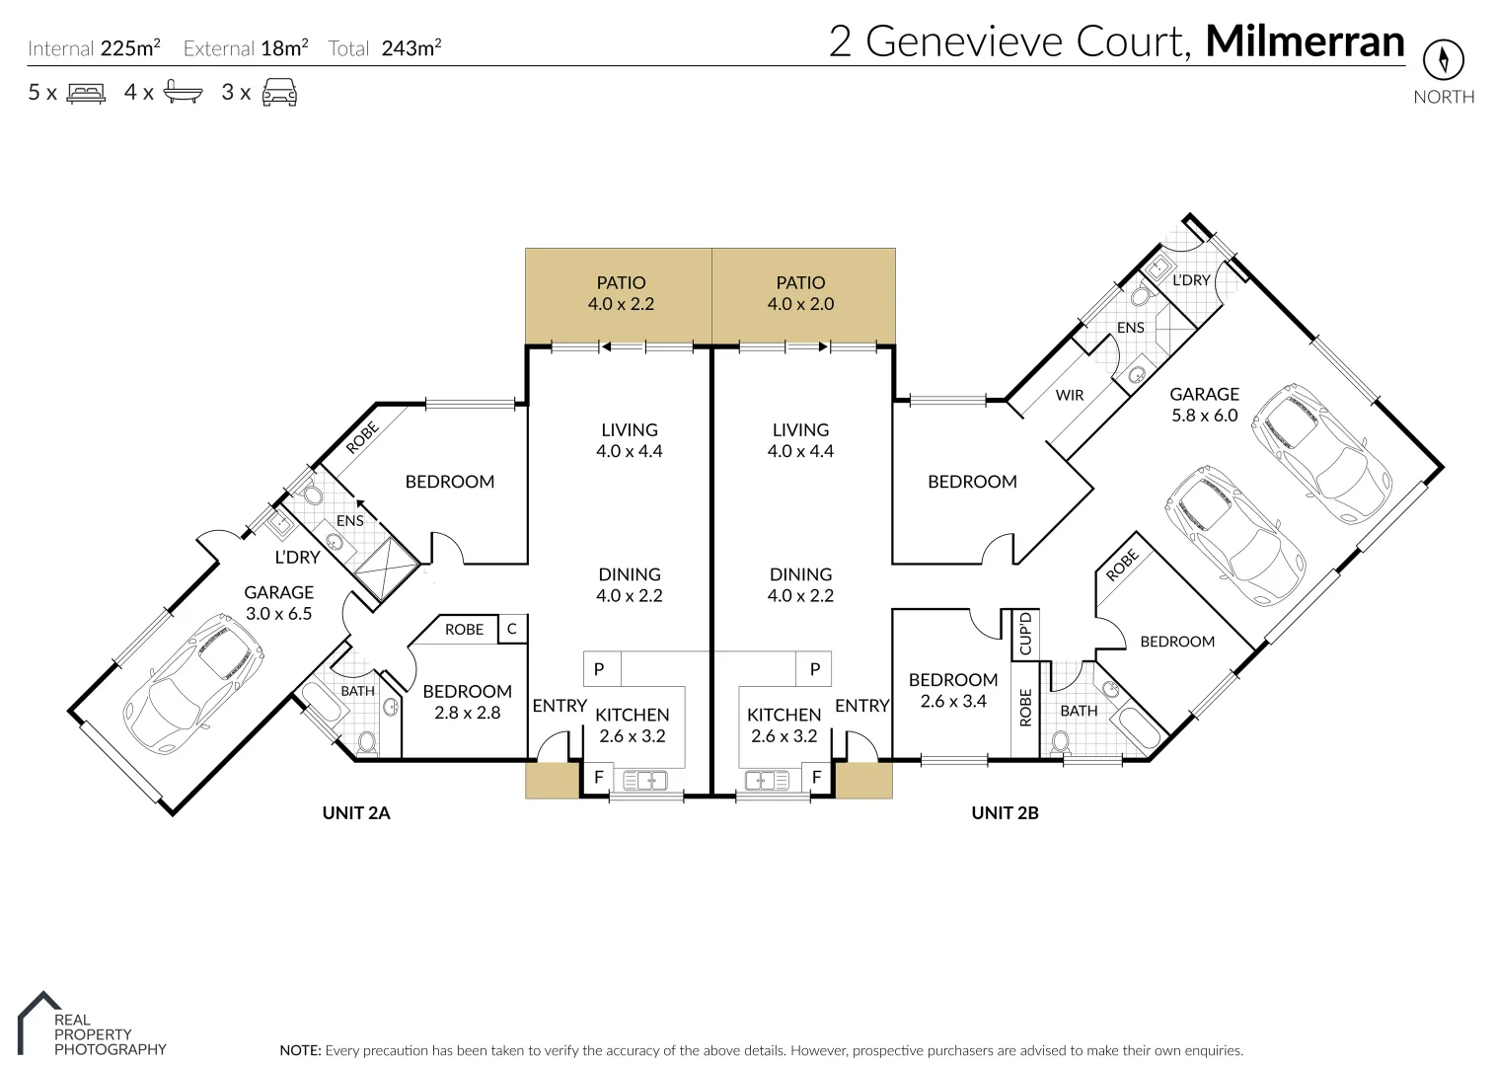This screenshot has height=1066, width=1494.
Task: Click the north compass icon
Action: click(x=1443, y=60)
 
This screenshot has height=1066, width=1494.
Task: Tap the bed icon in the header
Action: click(x=86, y=94)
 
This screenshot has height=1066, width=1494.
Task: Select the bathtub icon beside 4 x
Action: click(x=184, y=93)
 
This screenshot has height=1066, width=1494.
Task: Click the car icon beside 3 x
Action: click(x=279, y=93)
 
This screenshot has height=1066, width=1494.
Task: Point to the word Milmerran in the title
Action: click(x=1305, y=41)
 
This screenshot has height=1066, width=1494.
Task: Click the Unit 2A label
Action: click(x=356, y=813)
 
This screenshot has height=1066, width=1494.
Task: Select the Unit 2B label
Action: click(x=1005, y=813)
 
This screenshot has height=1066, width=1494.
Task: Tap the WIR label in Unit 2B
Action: click(x=1070, y=395)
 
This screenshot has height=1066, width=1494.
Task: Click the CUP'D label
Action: click(x=1025, y=634)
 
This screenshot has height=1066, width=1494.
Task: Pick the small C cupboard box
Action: click(x=511, y=629)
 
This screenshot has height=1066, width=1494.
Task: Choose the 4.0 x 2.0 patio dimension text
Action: click(x=800, y=304)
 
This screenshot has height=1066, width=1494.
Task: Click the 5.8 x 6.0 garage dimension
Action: click(x=1204, y=416)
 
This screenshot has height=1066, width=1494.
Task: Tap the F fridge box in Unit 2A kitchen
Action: click(x=598, y=777)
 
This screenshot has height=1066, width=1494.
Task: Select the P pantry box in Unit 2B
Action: click(x=814, y=669)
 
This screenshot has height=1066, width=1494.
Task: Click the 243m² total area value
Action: click(x=411, y=47)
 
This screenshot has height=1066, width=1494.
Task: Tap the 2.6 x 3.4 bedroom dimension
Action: click(x=952, y=702)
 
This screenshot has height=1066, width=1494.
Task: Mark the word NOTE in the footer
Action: click(x=300, y=1050)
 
